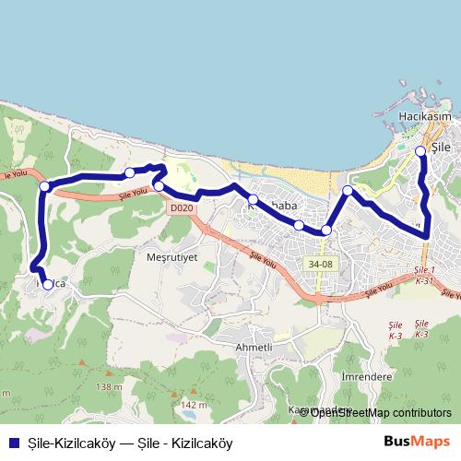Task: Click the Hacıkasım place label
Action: [x=424, y=117]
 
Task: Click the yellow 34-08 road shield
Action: [x=321, y=264]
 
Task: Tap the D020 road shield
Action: [x=182, y=208]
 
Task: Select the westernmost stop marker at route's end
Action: [x=48, y=285]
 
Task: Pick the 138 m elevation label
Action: [x=108, y=386]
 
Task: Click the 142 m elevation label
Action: [x=194, y=405]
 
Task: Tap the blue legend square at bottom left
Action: [x=11, y=443]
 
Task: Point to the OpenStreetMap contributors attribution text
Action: [x=380, y=413]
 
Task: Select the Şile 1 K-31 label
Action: [x=425, y=274]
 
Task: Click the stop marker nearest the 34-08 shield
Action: [x=326, y=230]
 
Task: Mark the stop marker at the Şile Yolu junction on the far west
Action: [x=44, y=186]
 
